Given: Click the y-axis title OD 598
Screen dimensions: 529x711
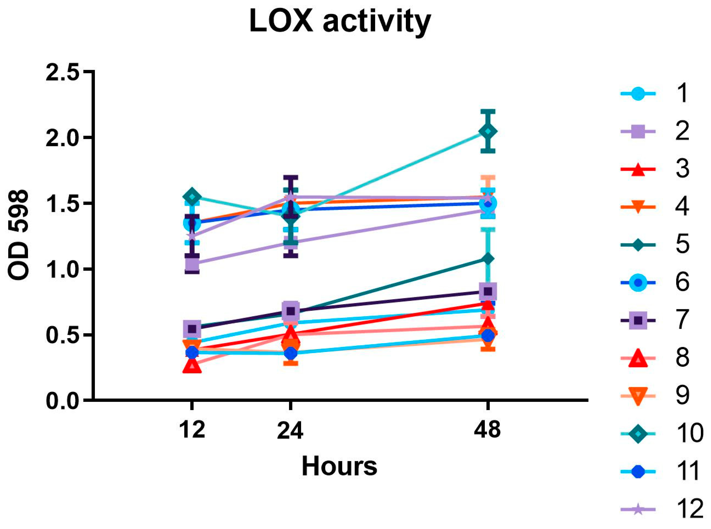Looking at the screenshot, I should click(19, 235).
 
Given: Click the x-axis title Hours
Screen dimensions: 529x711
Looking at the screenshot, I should click(339, 467).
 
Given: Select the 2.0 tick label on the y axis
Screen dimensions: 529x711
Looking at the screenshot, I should click(63, 138).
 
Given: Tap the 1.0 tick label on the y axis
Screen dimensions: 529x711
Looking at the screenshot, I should click(63, 270).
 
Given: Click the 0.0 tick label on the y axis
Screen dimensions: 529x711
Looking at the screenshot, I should click(63, 400).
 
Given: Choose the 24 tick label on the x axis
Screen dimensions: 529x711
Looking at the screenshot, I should click(290, 430).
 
